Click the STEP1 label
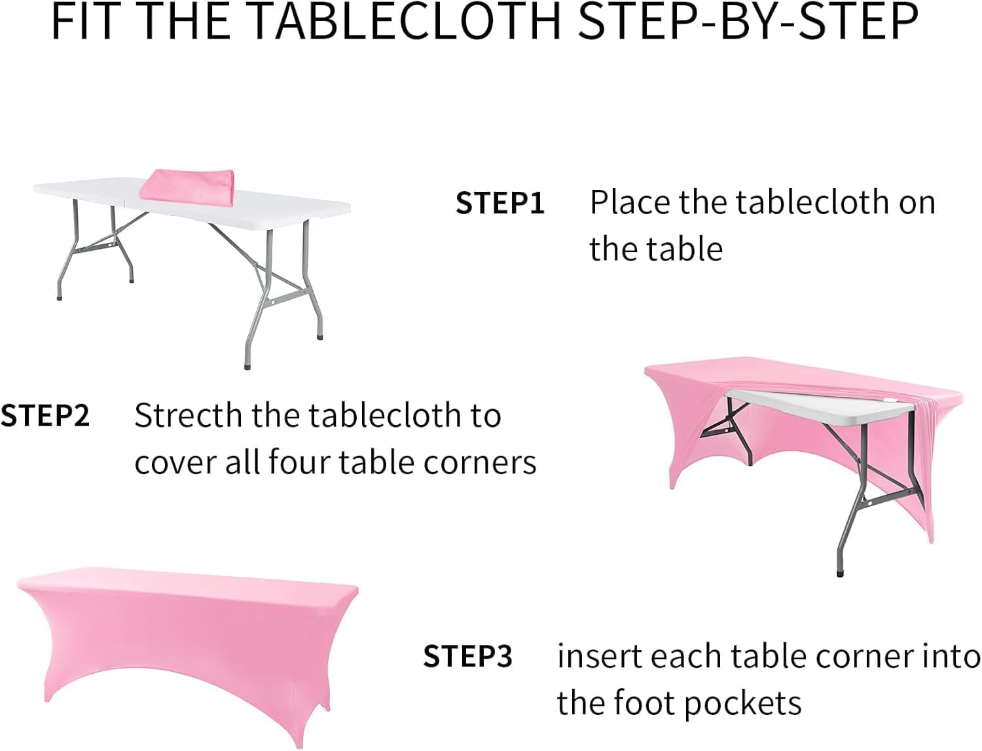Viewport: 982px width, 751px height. tap(500, 203)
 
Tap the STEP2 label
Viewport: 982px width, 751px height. tap(45, 415)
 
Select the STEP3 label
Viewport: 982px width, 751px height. tap(467, 656)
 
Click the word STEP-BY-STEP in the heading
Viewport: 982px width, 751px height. tap(748, 22)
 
